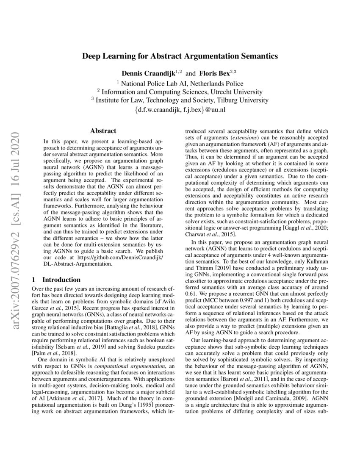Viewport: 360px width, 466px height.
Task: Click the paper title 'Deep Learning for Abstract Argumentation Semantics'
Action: [x=180, y=55]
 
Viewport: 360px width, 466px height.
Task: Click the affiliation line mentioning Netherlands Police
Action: [x=180, y=83]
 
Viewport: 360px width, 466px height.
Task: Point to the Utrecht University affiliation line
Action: [x=180, y=92]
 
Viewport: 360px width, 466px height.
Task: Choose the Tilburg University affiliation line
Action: [x=180, y=100]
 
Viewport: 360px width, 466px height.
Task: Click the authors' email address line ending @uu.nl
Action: [x=180, y=110]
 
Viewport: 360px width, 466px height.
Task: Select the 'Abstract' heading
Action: [x=103, y=131]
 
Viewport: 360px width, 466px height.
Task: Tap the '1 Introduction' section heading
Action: [x=56, y=280]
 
